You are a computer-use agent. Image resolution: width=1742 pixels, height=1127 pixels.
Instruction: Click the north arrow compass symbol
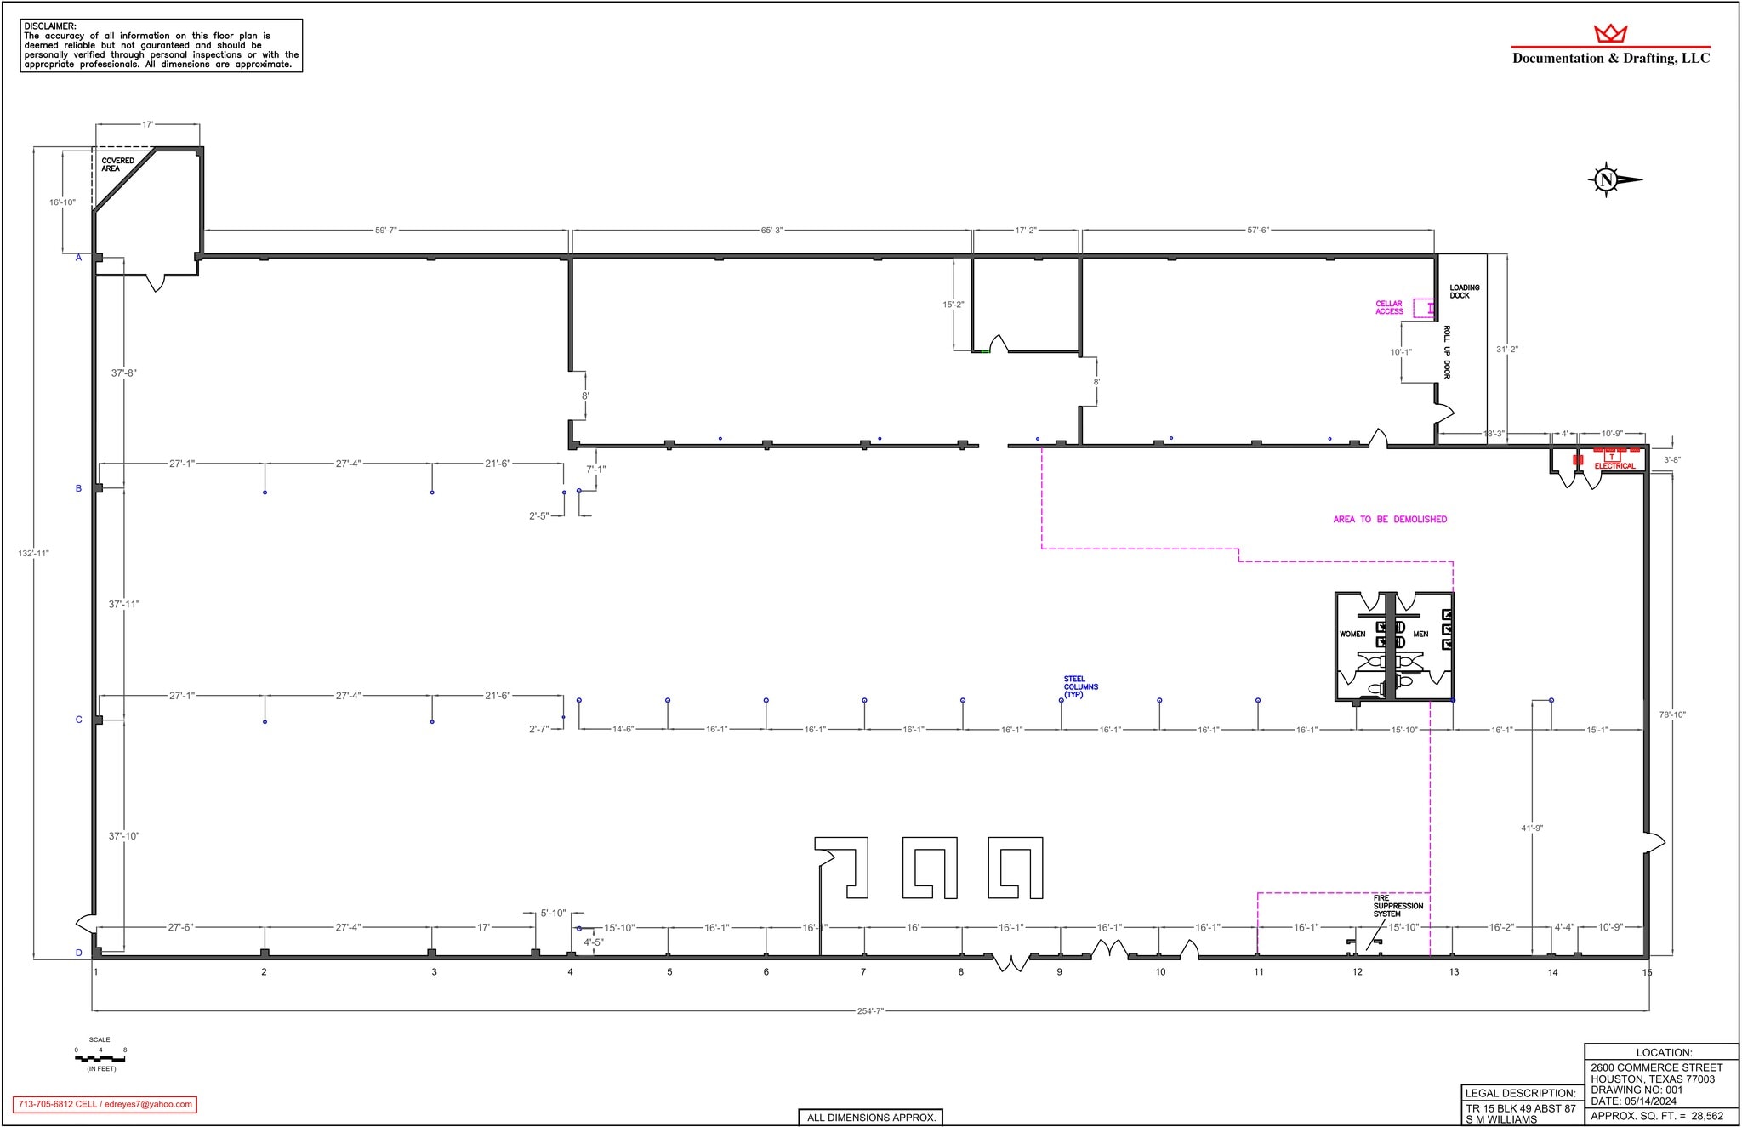[x=1607, y=179]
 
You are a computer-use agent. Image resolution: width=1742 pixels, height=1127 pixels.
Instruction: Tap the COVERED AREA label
[x=117, y=165]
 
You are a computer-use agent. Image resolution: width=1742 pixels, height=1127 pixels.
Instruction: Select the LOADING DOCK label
[x=1465, y=292]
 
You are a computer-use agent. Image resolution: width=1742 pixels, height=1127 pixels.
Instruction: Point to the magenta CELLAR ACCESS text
[x=1389, y=308]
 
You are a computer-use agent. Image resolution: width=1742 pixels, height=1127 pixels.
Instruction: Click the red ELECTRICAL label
[x=1614, y=466]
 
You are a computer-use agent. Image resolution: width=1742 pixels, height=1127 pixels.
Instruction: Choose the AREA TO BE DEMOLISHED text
[x=1390, y=520]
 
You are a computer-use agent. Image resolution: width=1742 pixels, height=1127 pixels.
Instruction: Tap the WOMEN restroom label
[x=1352, y=635]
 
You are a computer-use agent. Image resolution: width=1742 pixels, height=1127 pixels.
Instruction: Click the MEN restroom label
[x=1420, y=635]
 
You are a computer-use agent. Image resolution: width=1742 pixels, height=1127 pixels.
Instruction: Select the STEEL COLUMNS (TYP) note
[x=1080, y=687]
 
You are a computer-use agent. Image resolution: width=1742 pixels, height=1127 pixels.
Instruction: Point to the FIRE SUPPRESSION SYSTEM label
[x=1398, y=906]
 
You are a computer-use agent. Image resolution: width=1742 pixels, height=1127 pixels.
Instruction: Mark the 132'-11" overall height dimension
[x=34, y=554]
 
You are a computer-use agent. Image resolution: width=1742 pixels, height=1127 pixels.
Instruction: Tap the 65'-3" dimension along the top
[x=771, y=231]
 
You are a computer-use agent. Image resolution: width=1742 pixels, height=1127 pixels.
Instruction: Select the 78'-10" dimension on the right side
[x=1672, y=715]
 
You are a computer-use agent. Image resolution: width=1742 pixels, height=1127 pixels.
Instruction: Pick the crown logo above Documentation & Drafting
[x=1610, y=34]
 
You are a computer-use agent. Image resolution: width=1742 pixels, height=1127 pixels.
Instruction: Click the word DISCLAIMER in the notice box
[x=50, y=27]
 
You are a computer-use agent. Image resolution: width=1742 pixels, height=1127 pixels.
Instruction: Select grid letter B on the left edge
[x=79, y=489]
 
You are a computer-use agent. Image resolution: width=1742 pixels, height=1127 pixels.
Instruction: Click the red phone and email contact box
[x=105, y=1104]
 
